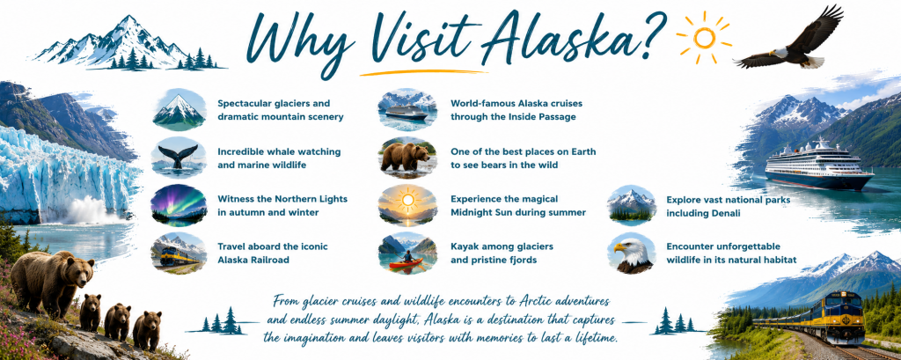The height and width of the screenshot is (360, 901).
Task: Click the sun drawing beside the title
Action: coord(704,37)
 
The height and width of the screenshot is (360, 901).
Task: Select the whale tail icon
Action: coord(178,156)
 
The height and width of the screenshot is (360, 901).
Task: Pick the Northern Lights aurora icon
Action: coord(178,205)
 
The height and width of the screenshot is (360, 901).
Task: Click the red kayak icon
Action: coord(407,264)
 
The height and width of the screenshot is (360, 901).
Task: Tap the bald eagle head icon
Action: coord(632,253)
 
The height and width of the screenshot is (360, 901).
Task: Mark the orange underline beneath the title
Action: coord(423,73)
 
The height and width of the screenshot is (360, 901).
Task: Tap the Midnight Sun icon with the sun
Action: coord(407,205)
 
